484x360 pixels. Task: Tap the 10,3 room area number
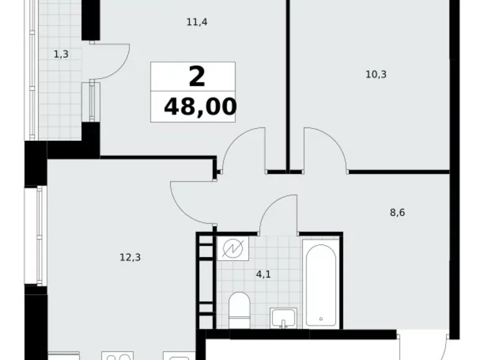coord(376,75)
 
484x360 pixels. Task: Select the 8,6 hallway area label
coord(397,212)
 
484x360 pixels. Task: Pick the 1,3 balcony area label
coord(61,54)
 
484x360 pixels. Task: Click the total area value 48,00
coord(200,107)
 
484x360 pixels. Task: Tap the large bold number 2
coord(196,78)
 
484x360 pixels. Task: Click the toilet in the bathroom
coord(238,310)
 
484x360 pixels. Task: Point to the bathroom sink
coord(285,317)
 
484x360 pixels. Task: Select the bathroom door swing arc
coord(276,211)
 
